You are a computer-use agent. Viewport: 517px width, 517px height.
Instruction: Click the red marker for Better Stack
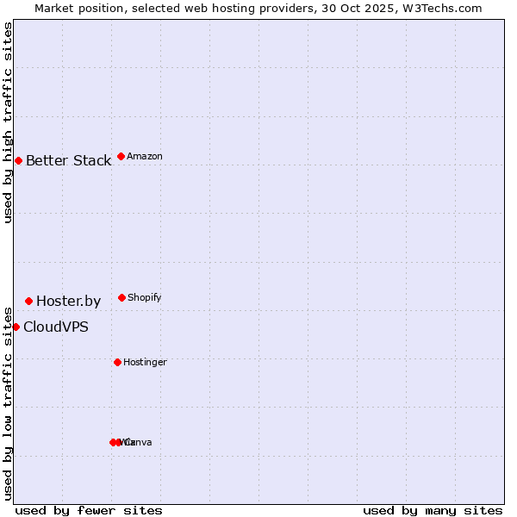pos(18,160)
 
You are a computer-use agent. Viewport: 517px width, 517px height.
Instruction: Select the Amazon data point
pos(121,156)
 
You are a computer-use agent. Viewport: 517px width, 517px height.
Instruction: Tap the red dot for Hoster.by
pos(28,301)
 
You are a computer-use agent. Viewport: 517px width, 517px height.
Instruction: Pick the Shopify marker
pos(121,297)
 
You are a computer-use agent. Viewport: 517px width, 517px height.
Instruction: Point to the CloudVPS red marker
pos(16,327)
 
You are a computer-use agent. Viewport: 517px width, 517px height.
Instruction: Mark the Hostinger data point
pos(117,362)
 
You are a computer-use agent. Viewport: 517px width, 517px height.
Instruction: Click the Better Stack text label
pos(68,161)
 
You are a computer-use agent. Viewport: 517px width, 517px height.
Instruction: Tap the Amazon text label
pos(144,157)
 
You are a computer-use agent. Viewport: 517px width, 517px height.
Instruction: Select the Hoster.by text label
pos(68,302)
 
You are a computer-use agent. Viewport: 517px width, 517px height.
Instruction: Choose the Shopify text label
pos(144,298)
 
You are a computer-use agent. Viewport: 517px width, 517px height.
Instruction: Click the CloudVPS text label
pos(55,327)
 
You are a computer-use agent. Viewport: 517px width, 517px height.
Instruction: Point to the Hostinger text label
pos(145,363)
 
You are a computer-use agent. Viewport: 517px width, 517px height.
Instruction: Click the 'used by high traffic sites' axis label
pos(9,123)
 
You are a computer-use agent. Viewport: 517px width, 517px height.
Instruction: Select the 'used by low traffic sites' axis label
pos(9,402)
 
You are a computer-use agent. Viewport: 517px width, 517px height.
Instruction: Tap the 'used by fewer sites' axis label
pos(89,510)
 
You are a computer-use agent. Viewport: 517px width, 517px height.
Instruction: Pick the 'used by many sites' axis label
pos(433,510)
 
